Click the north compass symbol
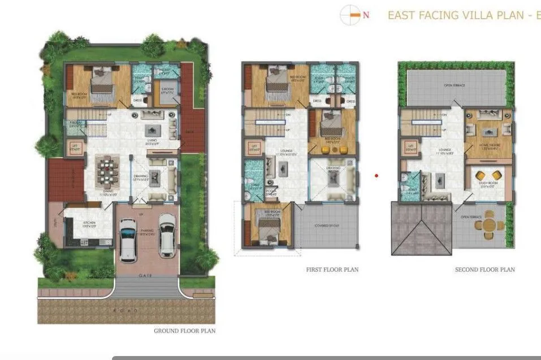click(x=350, y=15)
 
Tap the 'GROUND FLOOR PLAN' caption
click(x=184, y=331)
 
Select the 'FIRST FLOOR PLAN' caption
click(x=332, y=270)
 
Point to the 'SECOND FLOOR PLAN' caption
click(x=484, y=270)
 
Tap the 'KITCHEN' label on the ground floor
click(x=89, y=223)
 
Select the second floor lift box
click(x=408, y=149)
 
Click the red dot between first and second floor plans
click(x=376, y=176)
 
